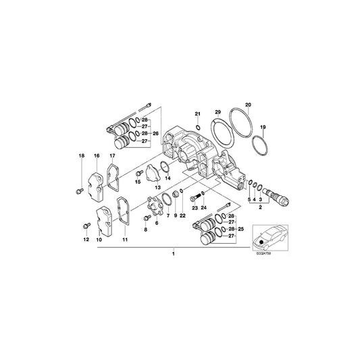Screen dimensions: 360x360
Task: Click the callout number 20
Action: click(x=248, y=105)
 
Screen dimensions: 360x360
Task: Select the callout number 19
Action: click(x=263, y=127)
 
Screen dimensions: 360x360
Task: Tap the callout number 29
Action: click(x=217, y=111)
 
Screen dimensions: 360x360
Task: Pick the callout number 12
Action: click(x=86, y=240)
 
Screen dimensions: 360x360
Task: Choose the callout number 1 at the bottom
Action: click(x=173, y=254)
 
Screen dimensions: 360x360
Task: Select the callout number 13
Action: click(x=157, y=187)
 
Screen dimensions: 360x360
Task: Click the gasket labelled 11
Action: click(x=123, y=212)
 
